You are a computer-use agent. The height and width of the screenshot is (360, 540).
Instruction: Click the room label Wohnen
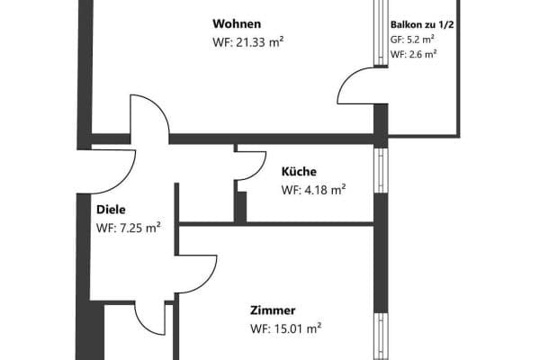pos(237,22)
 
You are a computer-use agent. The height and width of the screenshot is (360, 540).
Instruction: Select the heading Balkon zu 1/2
pos(421,25)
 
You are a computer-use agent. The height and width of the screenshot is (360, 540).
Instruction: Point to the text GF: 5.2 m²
pos(413,40)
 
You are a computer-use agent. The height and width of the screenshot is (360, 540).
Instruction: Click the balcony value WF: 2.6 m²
pos(413,54)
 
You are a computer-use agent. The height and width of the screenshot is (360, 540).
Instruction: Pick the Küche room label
pos(299,171)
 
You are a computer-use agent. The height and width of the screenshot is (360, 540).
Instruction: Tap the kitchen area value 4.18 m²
pos(313,190)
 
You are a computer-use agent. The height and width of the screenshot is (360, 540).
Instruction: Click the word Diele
pos(111,210)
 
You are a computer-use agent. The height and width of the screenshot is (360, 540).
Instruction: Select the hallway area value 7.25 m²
pos(128,229)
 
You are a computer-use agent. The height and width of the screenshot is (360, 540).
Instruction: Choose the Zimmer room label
pos(273,310)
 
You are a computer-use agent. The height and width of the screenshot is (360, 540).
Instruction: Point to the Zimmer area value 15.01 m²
pos(286,328)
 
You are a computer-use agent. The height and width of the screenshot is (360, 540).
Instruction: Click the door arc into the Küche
pos(248,166)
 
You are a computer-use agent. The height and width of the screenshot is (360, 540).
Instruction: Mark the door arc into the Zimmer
pos(198,275)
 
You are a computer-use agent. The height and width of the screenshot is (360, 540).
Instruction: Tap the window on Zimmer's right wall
pos(380,337)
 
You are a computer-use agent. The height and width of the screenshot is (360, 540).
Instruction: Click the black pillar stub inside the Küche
pos(240,205)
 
